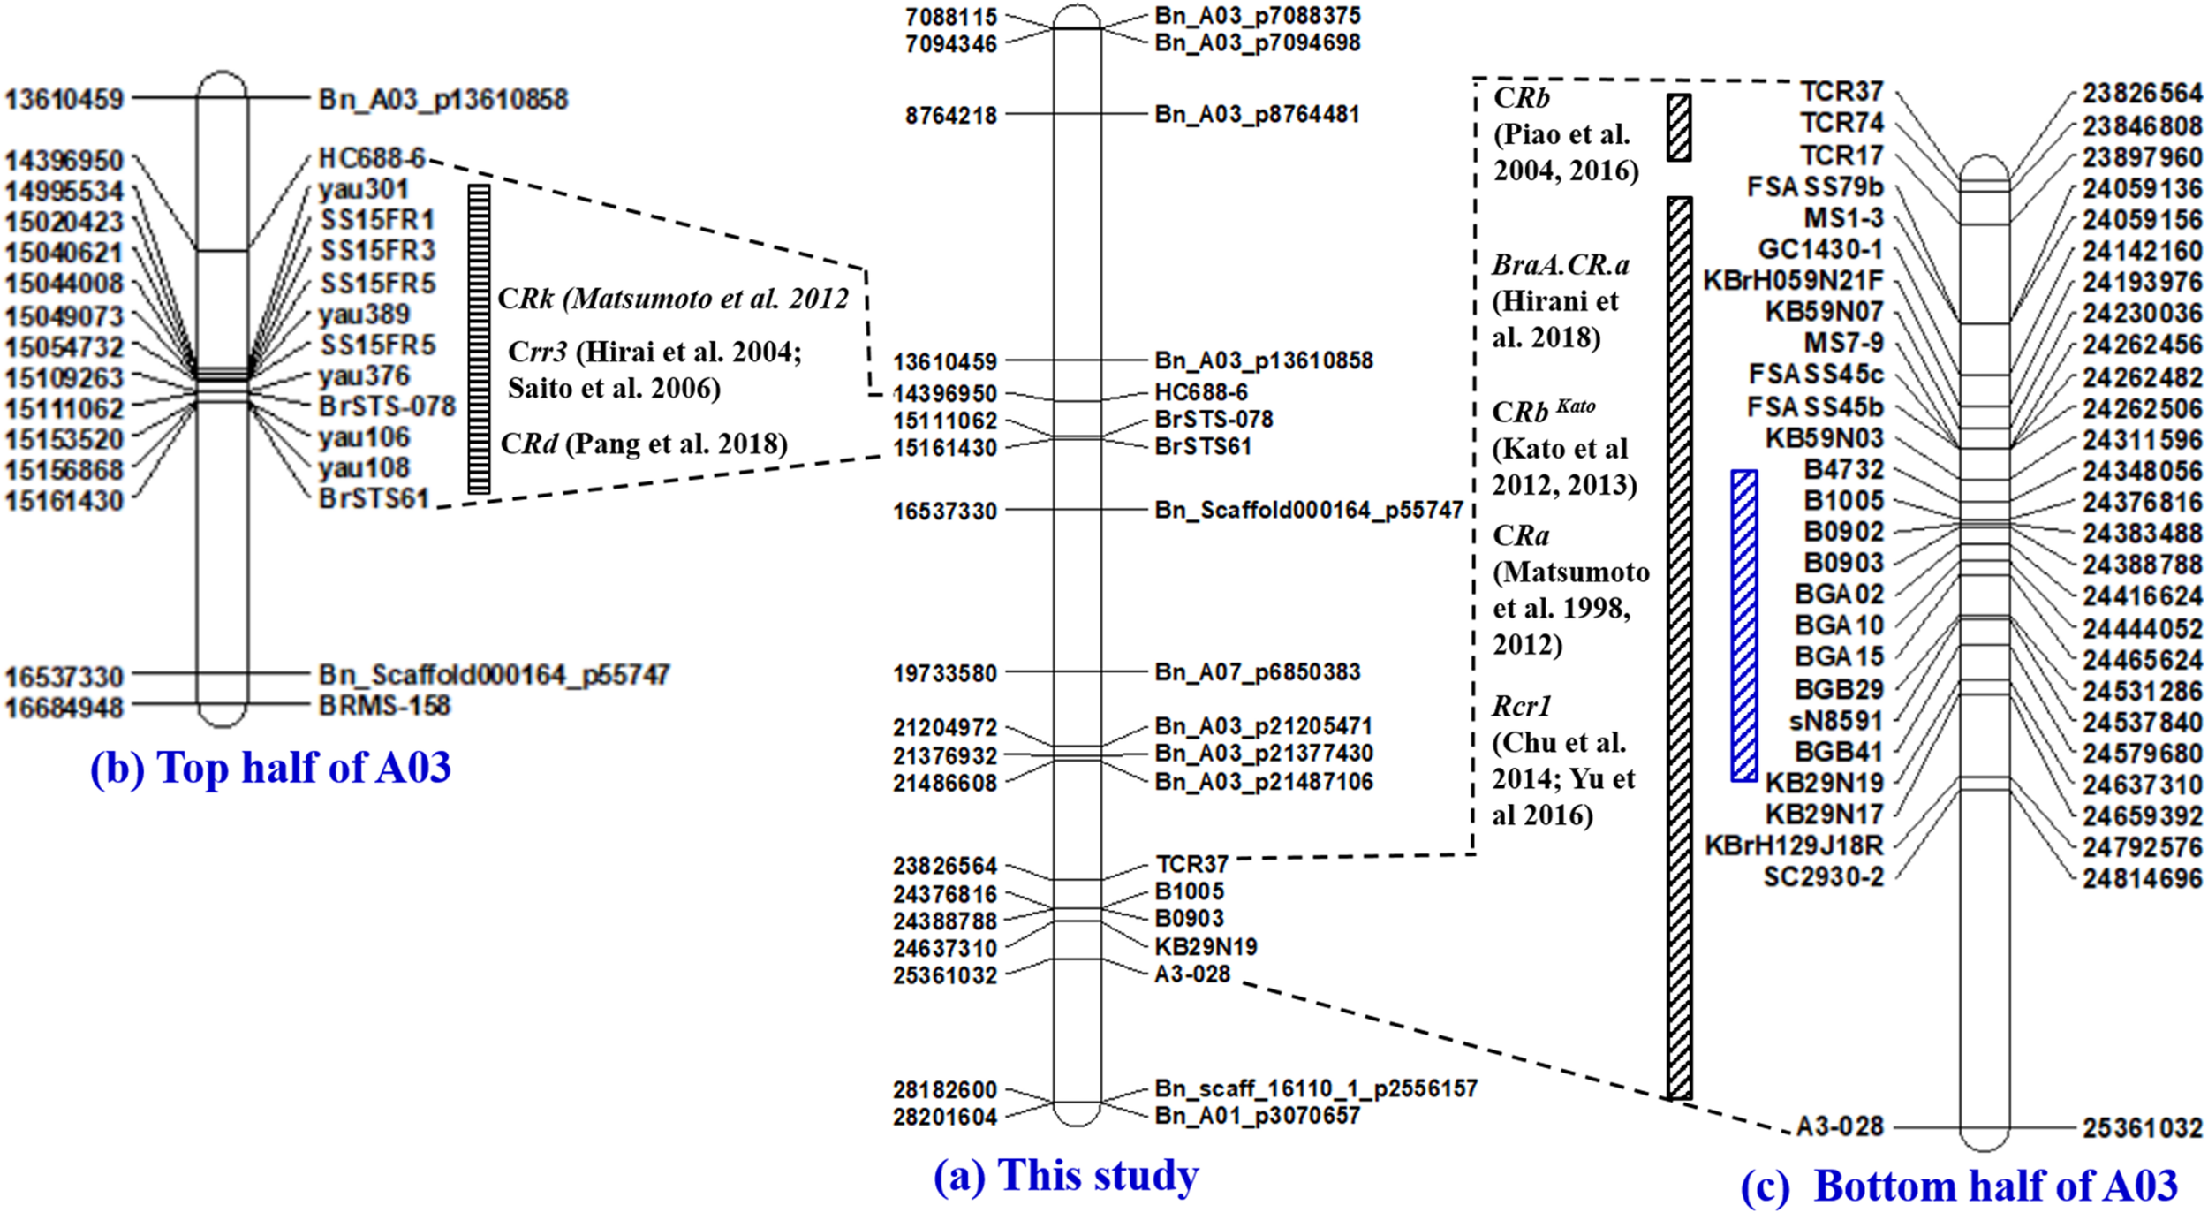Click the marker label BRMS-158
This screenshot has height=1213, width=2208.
click(384, 706)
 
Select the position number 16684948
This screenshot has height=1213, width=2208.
click(64, 708)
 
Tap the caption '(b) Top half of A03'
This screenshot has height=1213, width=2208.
click(270, 767)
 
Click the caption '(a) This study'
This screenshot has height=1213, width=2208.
click(1066, 1175)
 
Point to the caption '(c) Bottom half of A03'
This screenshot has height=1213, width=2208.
click(1959, 1186)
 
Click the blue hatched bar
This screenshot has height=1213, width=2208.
click(1743, 625)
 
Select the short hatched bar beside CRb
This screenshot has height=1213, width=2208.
click(1679, 127)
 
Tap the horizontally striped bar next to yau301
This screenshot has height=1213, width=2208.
click(479, 338)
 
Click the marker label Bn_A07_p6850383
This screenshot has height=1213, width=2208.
click(1258, 672)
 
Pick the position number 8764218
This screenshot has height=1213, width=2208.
click(950, 116)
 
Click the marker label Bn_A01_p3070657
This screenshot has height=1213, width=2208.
click(1258, 1116)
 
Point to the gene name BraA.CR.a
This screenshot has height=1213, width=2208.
click(1561, 265)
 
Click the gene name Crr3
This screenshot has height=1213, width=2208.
click(537, 352)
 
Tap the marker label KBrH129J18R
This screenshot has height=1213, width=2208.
click(1794, 845)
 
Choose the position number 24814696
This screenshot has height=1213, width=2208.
click(2142, 879)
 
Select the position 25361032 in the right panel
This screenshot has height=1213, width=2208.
click(2142, 1128)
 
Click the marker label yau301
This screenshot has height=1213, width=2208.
click(363, 189)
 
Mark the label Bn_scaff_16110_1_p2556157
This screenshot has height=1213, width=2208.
click(1316, 1088)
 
